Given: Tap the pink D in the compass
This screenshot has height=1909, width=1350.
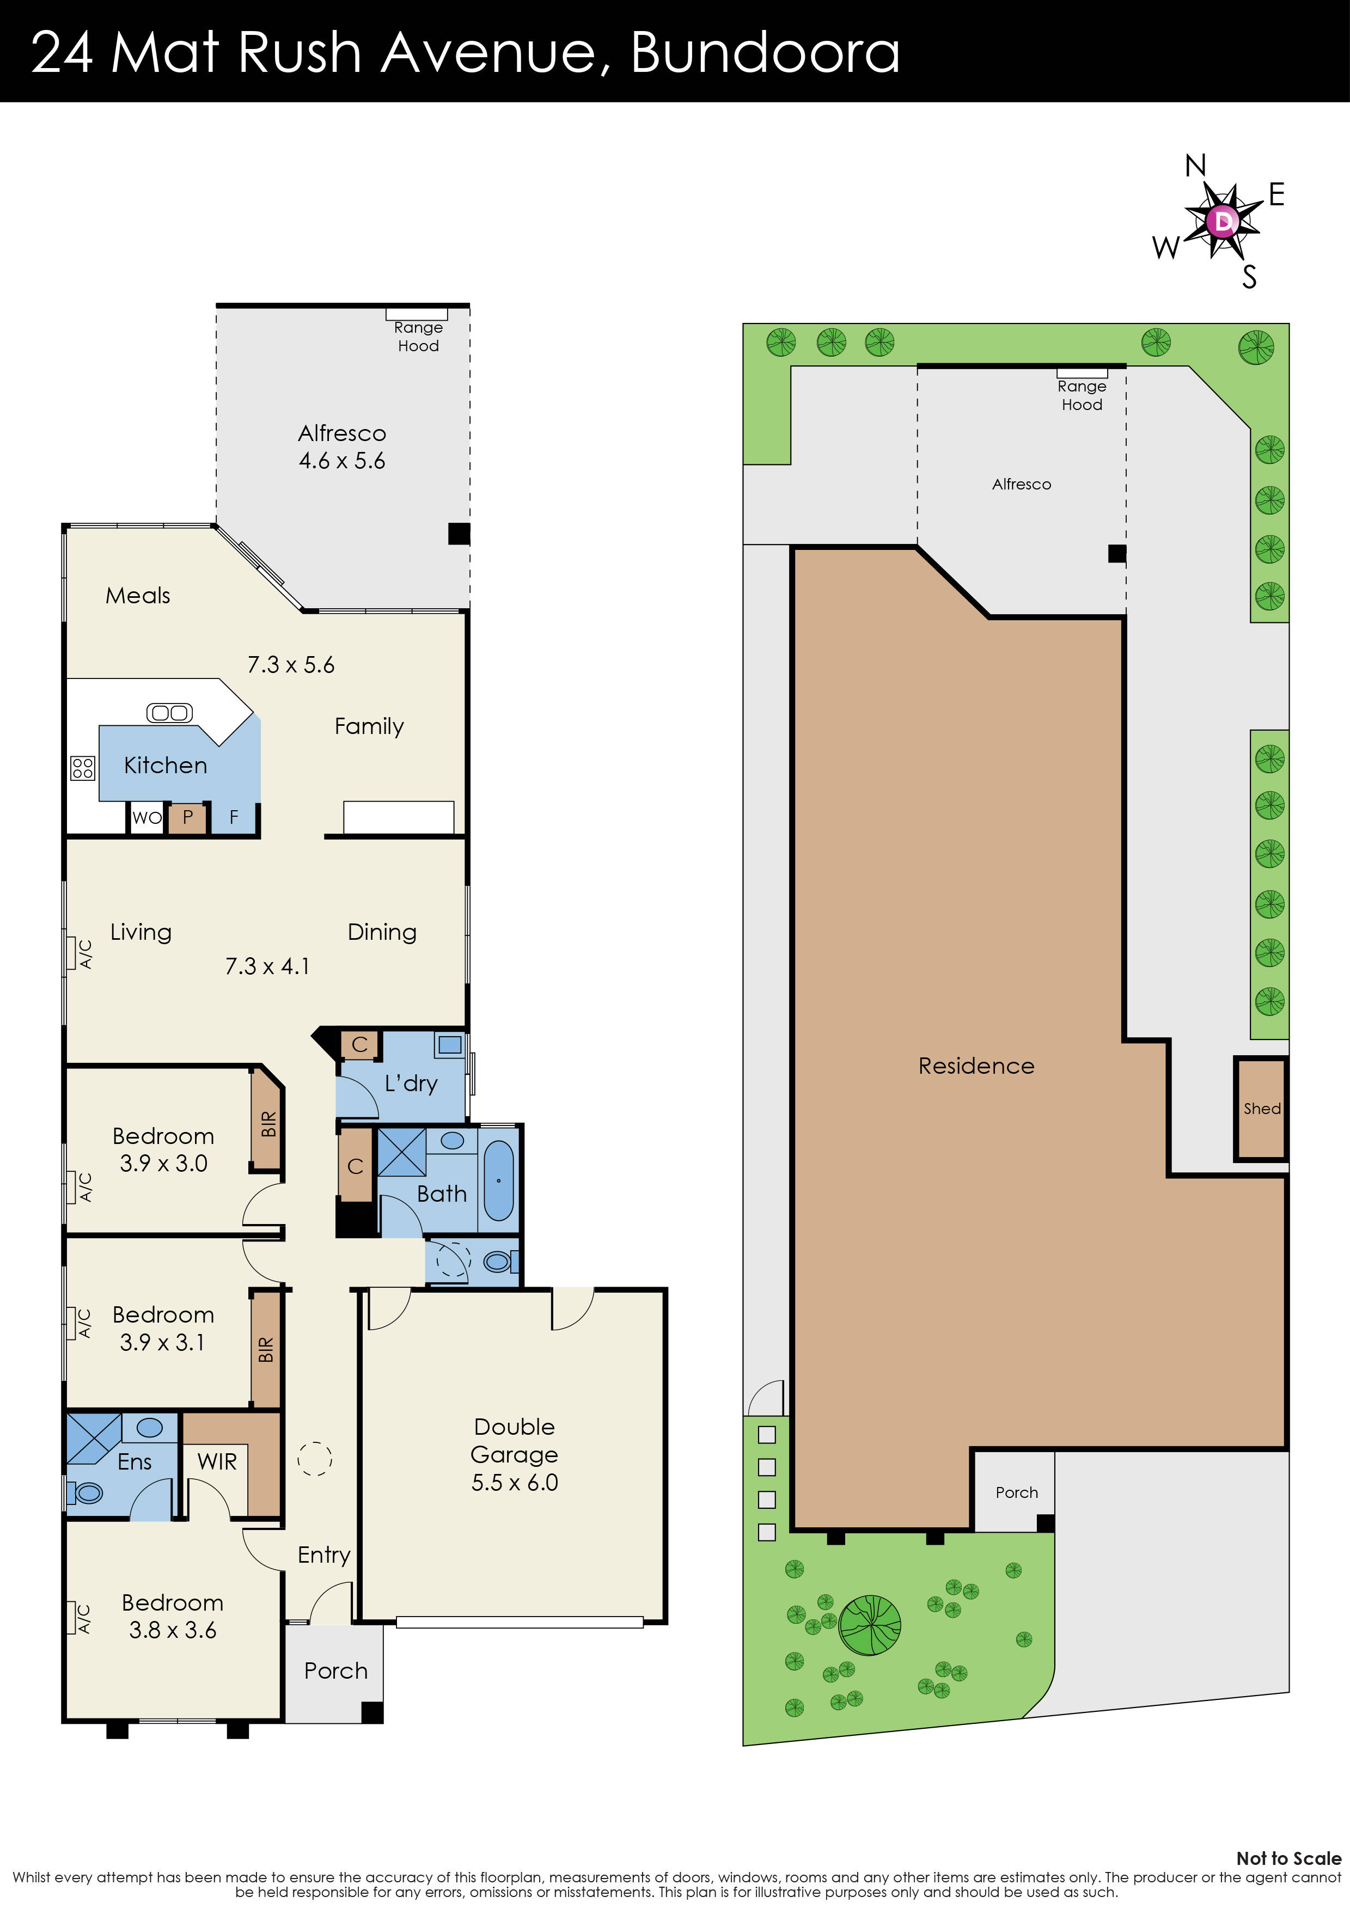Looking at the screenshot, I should [x=1223, y=221].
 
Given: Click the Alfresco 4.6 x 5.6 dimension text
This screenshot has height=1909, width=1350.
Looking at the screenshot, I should [x=342, y=461].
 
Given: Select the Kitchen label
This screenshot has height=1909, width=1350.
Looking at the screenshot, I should [x=166, y=765].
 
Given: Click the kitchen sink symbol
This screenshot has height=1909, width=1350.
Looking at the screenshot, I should [x=170, y=713].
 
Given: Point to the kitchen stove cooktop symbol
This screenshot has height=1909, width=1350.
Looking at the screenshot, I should [x=82, y=767].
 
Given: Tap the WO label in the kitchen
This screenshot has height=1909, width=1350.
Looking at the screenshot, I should [x=146, y=817].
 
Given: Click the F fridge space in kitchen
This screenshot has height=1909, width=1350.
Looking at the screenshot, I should [x=234, y=817].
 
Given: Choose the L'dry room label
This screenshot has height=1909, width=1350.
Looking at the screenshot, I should [x=411, y=1084].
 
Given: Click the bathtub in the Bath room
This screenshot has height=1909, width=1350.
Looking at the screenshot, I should [x=499, y=1180].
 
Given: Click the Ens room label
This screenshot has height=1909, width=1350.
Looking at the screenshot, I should [x=135, y=1461].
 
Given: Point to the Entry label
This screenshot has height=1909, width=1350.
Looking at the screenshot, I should [x=323, y=1555].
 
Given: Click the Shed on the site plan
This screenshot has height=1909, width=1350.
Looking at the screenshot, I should [x=1261, y=1108].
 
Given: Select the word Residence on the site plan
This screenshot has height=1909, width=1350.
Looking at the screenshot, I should [x=976, y=1066].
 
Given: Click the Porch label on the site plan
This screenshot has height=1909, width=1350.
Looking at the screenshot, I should [x=1017, y=1492].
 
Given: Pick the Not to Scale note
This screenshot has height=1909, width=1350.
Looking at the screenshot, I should [x=1287, y=1858].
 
